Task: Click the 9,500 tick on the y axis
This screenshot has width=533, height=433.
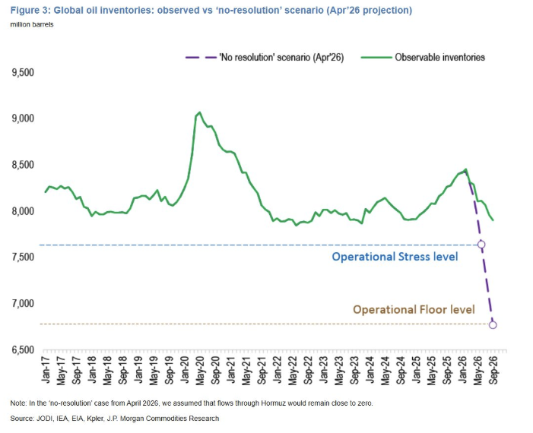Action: click(x=23, y=72)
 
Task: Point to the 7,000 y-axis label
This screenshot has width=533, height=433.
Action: click(x=23, y=303)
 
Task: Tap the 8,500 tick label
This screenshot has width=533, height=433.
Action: click(x=23, y=165)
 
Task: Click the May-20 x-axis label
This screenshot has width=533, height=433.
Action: click(x=200, y=371)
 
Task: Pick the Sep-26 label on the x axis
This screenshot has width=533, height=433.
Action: click(x=493, y=371)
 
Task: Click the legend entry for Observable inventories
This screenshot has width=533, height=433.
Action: click(x=424, y=58)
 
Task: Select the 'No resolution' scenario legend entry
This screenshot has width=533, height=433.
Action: click(x=265, y=58)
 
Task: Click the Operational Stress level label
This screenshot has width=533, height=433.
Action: click(x=395, y=257)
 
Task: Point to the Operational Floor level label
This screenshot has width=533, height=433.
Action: click(x=414, y=309)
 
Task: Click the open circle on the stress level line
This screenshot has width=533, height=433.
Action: click(x=481, y=245)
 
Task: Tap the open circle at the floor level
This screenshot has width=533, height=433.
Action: click(x=493, y=324)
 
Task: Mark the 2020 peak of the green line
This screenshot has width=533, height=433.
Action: click(x=199, y=112)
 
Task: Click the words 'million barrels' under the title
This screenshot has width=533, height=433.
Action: click(x=32, y=24)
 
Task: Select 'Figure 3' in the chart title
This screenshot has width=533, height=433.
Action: click(x=30, y=10)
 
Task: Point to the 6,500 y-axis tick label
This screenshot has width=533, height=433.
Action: click(x=23, y=349)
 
